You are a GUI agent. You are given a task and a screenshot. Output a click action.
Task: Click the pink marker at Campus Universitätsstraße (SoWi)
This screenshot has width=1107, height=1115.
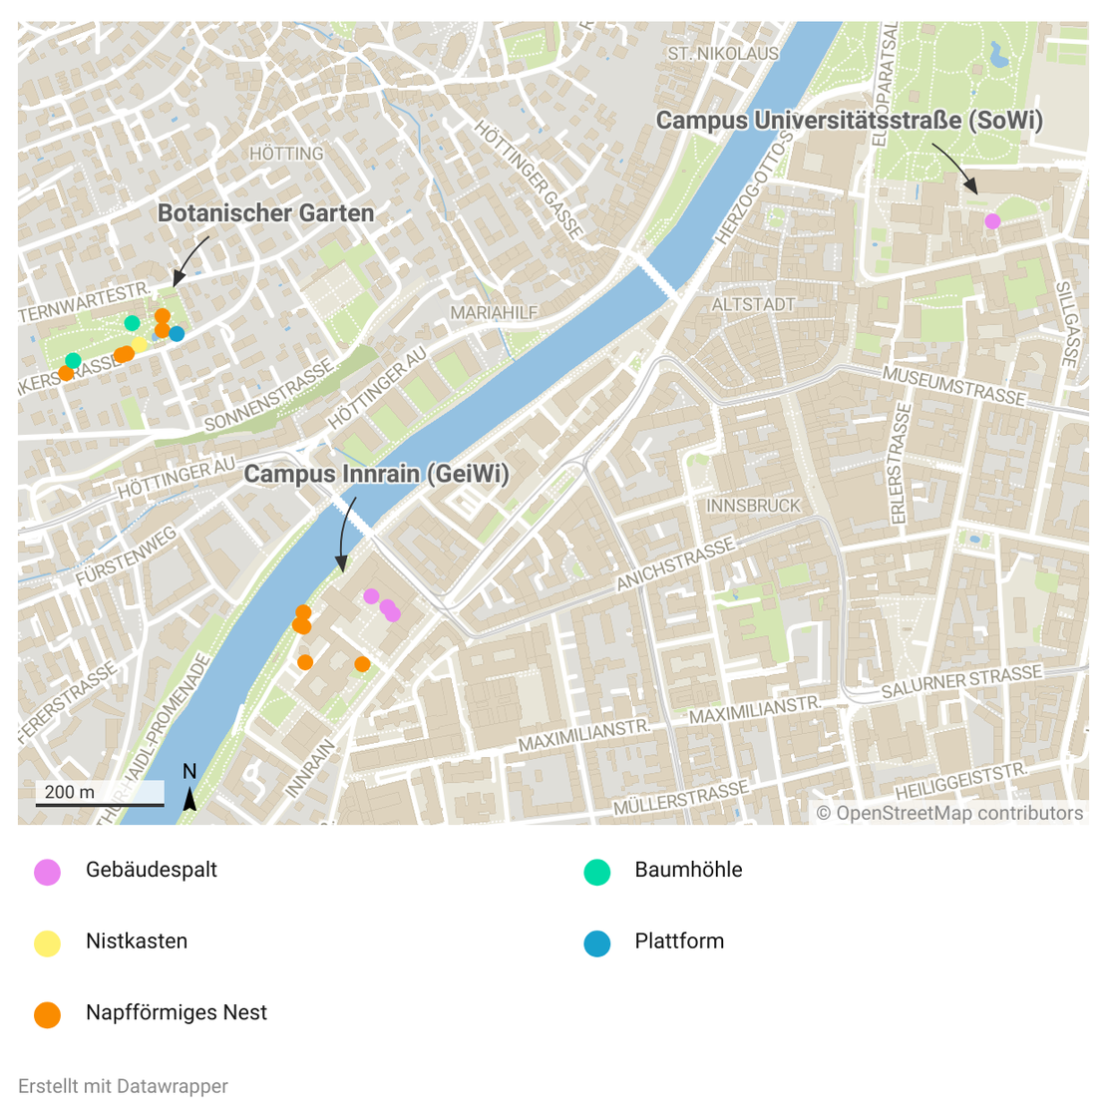coord(992,220)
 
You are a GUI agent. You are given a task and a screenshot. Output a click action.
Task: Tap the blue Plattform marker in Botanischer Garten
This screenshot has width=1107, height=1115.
coord(177,334)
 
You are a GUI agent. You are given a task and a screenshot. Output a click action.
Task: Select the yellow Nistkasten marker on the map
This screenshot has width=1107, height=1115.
coord(140,345)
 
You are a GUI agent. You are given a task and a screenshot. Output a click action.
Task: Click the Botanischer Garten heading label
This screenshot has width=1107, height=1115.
coord(266,213)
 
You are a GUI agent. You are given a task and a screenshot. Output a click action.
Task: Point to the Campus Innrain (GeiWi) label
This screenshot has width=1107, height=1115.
coord(377,474)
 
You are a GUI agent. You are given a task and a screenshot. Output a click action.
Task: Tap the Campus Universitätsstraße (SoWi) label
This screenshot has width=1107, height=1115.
coord(850,121)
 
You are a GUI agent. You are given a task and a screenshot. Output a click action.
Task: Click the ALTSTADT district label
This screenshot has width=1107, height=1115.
coord(753,304)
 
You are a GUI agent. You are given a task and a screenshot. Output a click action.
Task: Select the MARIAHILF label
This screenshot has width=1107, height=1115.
coord(494,313)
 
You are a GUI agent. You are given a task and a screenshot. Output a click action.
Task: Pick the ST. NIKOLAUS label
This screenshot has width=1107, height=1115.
coord(723,53)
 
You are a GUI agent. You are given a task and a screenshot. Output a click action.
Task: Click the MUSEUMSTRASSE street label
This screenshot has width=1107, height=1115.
coord(953,385)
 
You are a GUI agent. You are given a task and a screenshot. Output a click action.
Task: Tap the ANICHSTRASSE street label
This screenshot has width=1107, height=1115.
coord(675,564)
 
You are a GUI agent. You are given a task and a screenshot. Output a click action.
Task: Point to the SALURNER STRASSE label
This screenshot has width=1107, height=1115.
coord(961,681)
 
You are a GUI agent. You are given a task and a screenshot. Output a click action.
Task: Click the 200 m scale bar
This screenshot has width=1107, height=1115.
coord(100,794)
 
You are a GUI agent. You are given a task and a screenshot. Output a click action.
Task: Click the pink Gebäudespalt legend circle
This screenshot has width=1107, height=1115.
coord(48,872)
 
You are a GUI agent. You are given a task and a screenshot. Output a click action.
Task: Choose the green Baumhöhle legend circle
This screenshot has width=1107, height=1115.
coord(596,872)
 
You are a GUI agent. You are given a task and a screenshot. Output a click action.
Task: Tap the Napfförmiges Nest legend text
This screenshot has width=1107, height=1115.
coord(177,1013)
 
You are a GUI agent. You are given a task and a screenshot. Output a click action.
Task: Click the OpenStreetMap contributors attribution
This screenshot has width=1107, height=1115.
coord(949,813)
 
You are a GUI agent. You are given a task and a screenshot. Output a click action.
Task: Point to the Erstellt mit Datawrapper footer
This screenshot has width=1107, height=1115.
coord(123,1086)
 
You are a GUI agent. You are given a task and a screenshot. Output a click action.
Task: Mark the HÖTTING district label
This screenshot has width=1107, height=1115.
coord(286,154)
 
